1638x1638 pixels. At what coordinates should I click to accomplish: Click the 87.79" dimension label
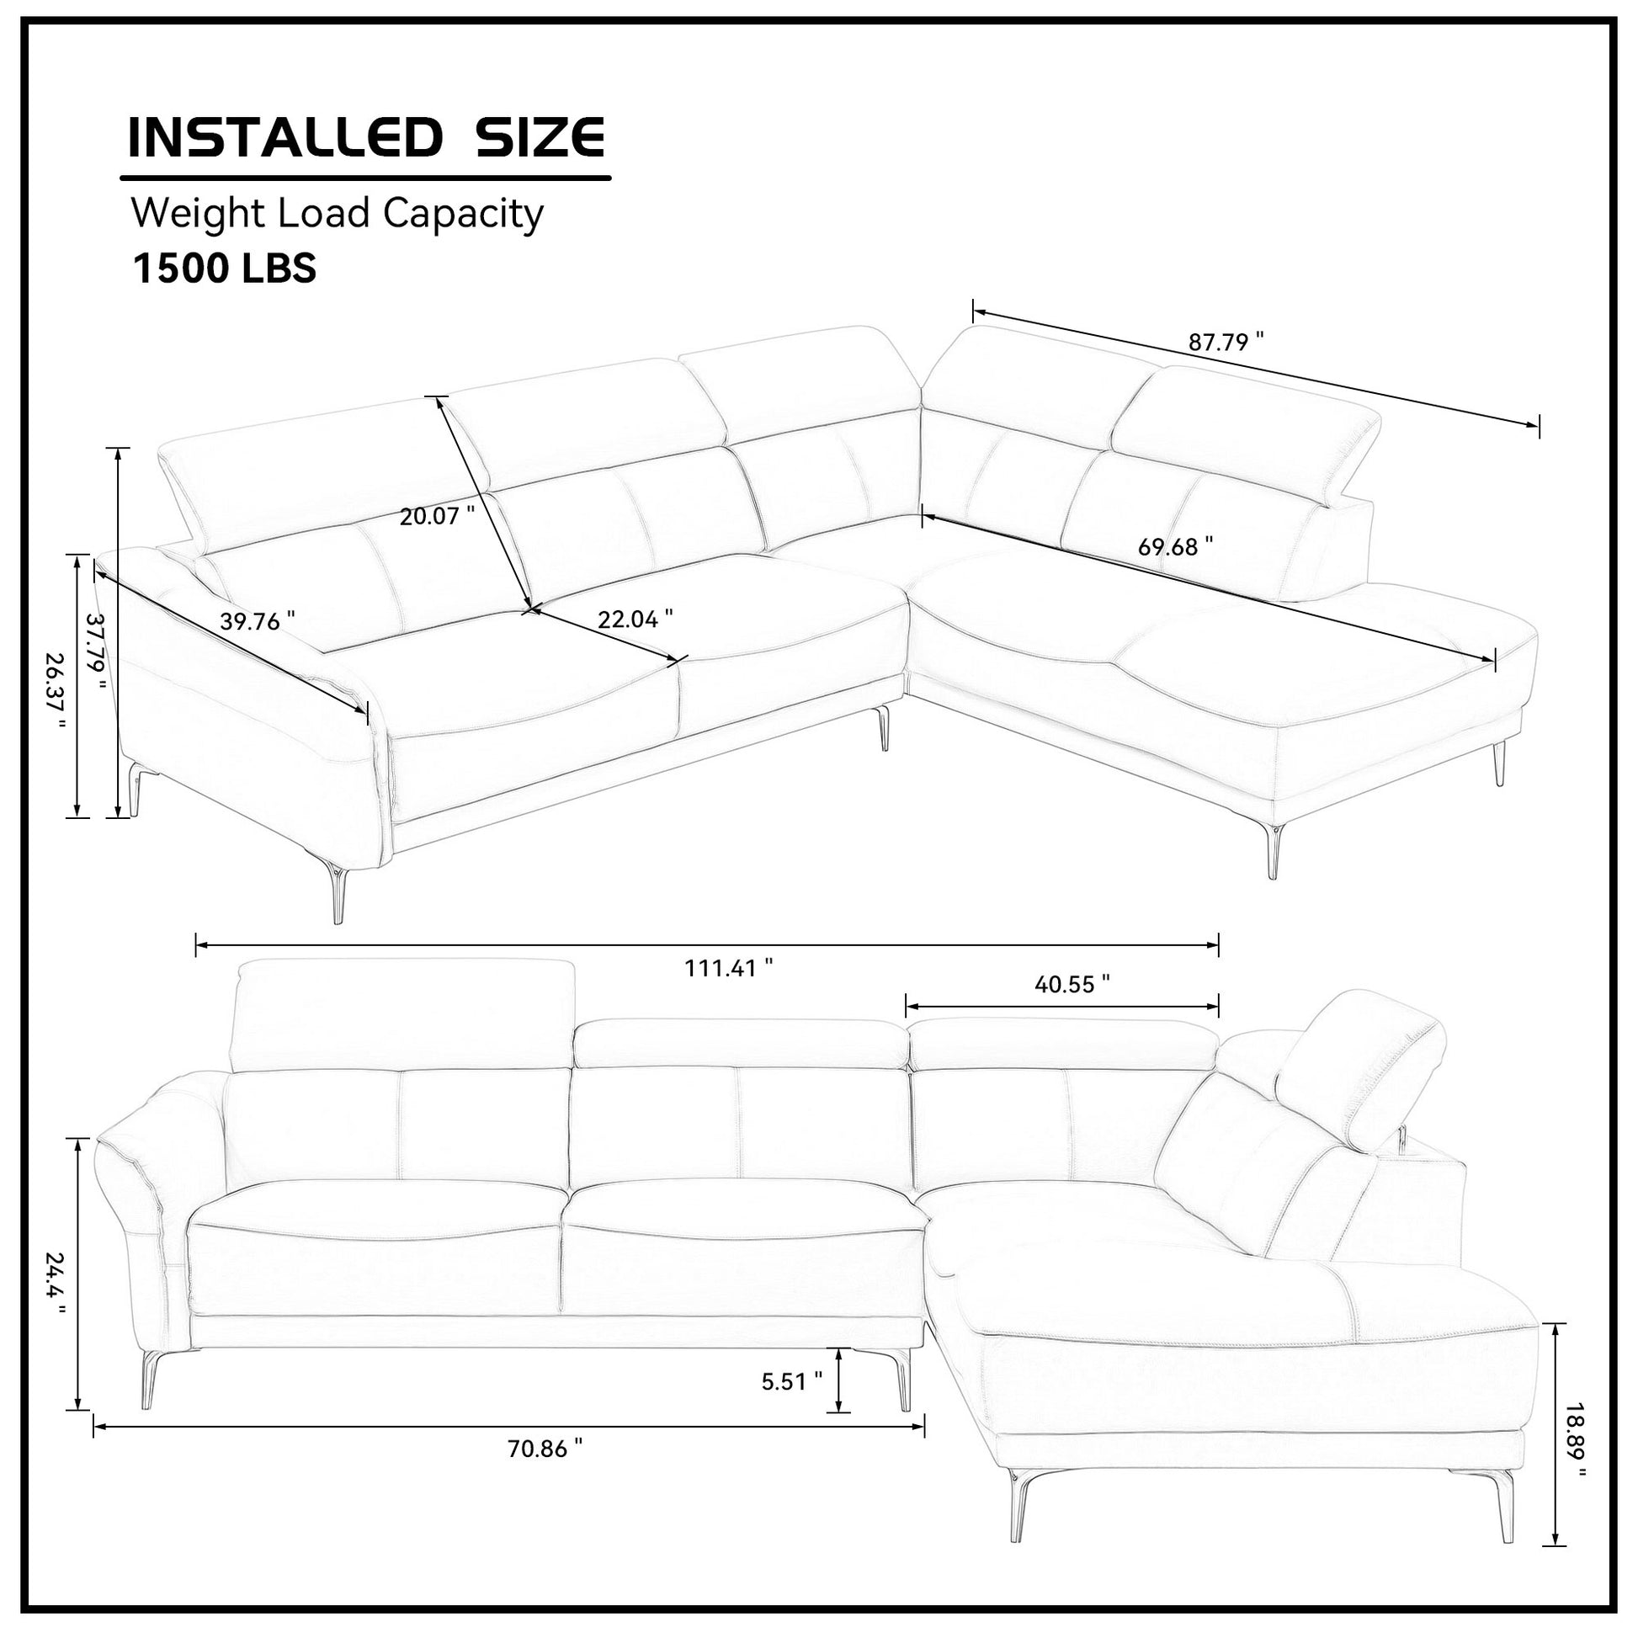[x=1225, y=343]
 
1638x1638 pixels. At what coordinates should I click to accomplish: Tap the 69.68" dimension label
[x=1175, y=547]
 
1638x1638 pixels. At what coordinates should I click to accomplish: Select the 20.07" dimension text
[x=438, y=515]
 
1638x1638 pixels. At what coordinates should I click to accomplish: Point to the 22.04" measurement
[x=635, y=619]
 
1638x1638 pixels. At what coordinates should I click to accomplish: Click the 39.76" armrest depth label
[x=258, y=621]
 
